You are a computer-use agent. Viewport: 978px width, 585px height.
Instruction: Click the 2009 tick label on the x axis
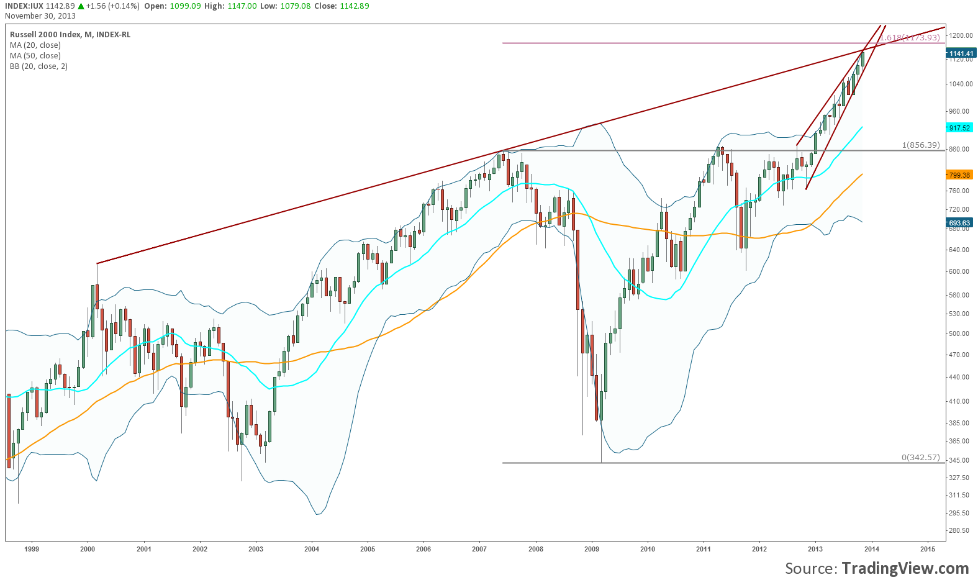tap(592, 549)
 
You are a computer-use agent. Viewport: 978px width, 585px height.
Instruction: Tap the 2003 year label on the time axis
tap(256, 549)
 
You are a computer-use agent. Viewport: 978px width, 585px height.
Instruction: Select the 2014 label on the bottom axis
tap(871, 549)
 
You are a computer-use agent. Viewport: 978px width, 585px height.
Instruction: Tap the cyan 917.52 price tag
tap(959, 128)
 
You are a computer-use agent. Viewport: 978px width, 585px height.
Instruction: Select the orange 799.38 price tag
tap(959, 175)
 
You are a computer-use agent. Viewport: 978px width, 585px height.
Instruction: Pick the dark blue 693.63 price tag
tap(959, 223)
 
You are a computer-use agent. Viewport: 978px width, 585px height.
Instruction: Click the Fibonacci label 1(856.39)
tap(920, 145)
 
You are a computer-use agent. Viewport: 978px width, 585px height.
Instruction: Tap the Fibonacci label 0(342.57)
tap(920, 458)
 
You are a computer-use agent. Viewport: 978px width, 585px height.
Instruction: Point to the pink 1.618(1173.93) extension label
tap(910, 38)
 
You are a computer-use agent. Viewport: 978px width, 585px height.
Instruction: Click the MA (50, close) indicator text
tap(35, 56)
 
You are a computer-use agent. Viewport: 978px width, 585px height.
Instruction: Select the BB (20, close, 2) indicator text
tap(38, 66)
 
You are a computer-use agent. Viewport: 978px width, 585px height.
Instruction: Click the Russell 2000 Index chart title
tap(70, 35)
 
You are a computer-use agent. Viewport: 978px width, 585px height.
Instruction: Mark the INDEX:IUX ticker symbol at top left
tap(23, 6)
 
